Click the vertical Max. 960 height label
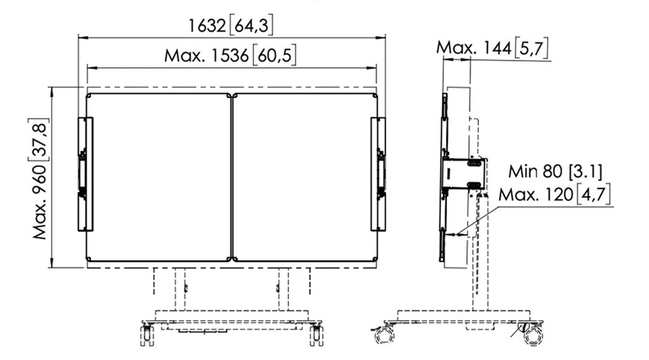[x=41, y=177]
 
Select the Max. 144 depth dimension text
[x=492, y=49]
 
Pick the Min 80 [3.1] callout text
[x=555, y=172]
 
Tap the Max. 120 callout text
[x=555, y=195]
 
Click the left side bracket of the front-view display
[x=85, y=174]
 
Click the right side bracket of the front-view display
[x=379, y=174]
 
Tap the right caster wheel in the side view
[x=531, y=332]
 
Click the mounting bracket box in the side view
[x=464, y=175]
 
